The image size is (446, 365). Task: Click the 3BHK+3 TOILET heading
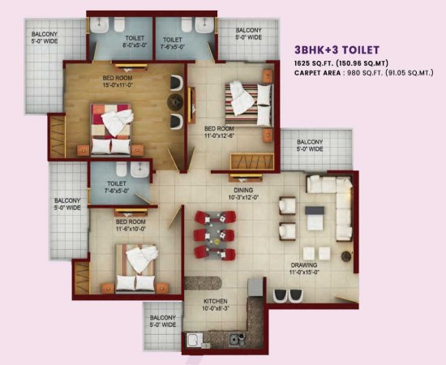(x=337, y=49)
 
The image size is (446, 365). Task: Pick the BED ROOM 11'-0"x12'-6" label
(x=220, y=131)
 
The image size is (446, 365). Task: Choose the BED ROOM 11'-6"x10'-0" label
(x=131, y=225)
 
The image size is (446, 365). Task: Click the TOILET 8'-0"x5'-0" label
(x=135, y=42)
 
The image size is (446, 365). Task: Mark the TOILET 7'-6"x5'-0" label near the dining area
(x=116, y=188)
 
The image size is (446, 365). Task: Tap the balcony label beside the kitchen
(x=163, y=321)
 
